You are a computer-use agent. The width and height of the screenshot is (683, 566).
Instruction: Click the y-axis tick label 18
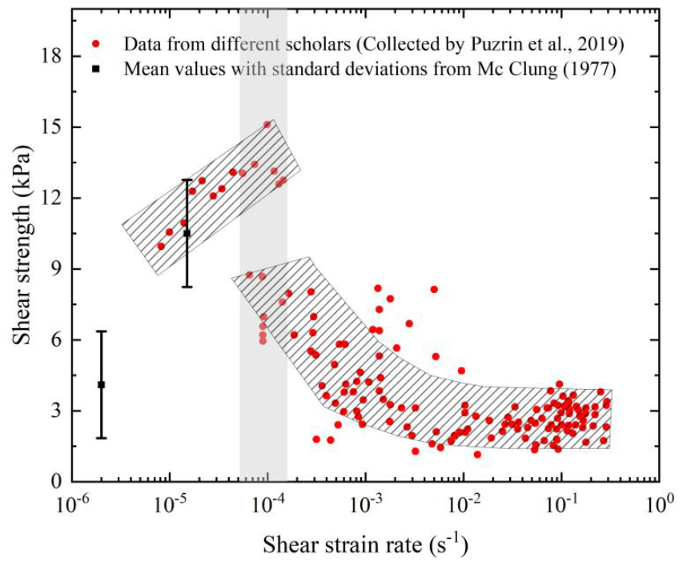click(51, 57)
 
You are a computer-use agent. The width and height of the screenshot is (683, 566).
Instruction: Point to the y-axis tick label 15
click(51, 127)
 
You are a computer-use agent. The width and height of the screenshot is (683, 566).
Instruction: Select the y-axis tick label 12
click(51, 199)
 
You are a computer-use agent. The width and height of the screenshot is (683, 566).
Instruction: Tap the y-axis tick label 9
click(56, 270)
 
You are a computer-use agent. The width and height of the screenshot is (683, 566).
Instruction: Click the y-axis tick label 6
click(56, 340)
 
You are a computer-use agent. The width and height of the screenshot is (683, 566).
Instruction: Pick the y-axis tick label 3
click(56, 411)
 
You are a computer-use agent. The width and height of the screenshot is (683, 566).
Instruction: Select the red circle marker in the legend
click(97, 44)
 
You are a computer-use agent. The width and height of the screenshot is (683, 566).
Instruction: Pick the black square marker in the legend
click(97, 69)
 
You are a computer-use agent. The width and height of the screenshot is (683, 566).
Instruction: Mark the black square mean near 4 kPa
click(102, 385)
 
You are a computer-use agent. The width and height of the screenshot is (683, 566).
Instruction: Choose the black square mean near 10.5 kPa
click(187, 234)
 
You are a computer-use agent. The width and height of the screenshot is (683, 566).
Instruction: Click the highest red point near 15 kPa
click(267, 125)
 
